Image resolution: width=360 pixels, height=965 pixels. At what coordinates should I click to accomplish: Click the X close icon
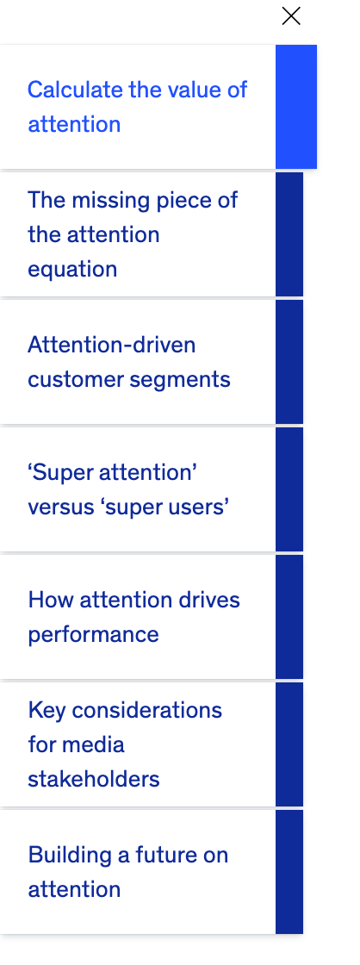(x=291, y=16)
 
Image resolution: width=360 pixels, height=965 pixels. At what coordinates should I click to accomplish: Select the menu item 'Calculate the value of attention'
(x=137, y=107)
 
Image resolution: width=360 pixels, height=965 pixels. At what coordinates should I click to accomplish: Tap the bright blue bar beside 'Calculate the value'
(x=296, y=107)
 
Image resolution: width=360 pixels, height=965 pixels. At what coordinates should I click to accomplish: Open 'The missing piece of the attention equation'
(x=133, y=234)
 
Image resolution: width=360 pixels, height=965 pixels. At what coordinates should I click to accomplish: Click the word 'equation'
(x=72, y=269)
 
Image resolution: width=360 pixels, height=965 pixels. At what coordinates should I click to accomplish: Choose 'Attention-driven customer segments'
(x=129, y=362)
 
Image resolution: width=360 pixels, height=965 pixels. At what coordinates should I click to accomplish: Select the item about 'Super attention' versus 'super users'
(x=128, y=490)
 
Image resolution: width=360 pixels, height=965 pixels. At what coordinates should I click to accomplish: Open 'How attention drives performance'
(x=133, y=617)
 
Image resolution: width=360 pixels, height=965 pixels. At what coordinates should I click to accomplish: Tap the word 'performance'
(x=94, y=635)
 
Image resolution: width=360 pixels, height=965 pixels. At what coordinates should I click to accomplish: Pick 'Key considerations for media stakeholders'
(x=125, y=744)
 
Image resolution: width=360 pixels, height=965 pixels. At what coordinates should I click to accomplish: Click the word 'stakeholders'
(x=94, y=779)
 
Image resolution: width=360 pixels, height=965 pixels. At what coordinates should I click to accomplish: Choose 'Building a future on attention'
(x=128, y=872)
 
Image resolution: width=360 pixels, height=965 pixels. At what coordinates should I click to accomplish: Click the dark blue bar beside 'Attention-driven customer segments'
(x=289, y=363)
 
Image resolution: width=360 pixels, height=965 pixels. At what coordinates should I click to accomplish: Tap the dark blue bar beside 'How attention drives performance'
(x=289, y=617)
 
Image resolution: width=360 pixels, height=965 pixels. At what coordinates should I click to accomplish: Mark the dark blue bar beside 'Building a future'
(x=289, y=872)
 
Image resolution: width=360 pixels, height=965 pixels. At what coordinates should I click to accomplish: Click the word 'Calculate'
(x=75, y=90)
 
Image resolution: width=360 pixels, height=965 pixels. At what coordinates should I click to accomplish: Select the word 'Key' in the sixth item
(x=47, y=711)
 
